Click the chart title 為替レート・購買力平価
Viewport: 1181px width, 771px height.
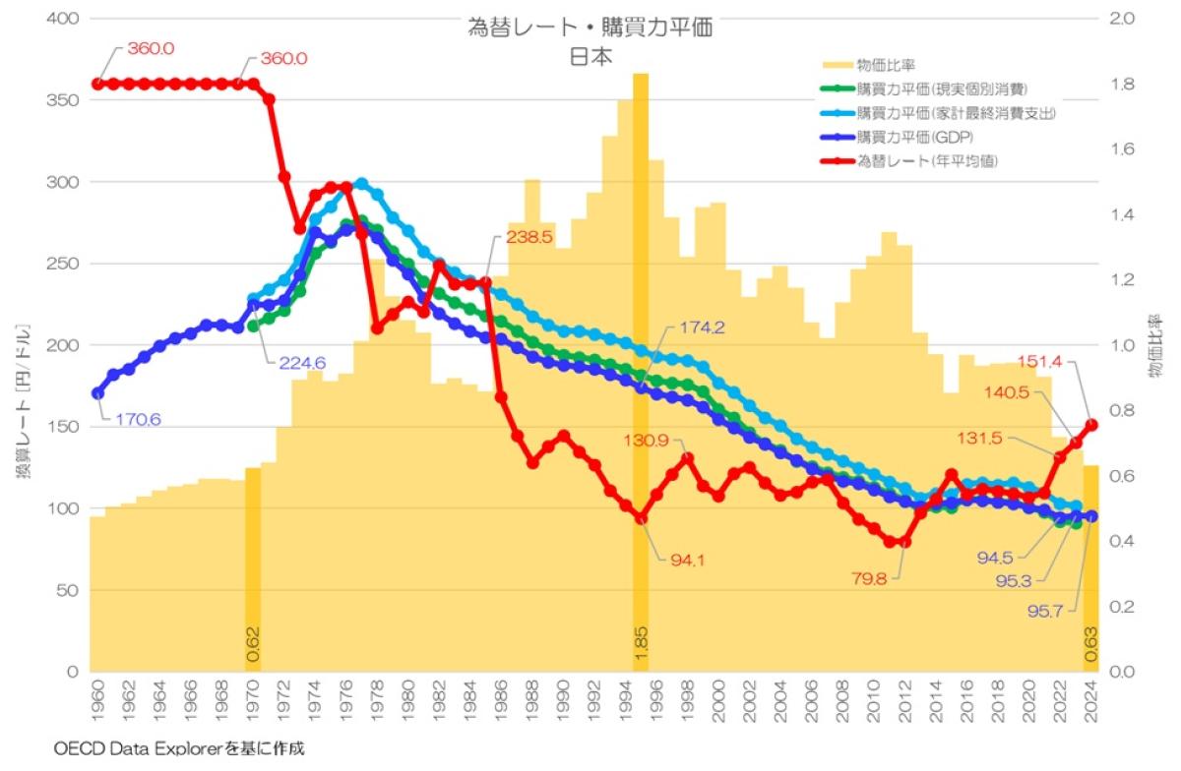pyautogui.click(x=590, y=28)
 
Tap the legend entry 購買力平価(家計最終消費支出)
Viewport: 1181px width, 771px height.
pyautogui.click(x=956, y=113)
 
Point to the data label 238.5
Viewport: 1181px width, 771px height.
pyautogui.click(x=529, y=237)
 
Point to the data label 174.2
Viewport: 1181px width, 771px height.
pyautogui.click(x=701, y=327)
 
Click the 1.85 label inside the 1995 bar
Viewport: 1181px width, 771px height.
pyautogui.click(x=641, y=643)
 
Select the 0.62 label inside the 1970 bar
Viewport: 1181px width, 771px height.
pyautogui.click(x=253, y=643)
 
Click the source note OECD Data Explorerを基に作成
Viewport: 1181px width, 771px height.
pyautogui.click(x=166, y=749)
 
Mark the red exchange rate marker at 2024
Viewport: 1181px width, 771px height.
pyautogui.click(x=1090, y=425)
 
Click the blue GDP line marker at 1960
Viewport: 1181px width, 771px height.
pyautogui.click(x=96, y=393)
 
